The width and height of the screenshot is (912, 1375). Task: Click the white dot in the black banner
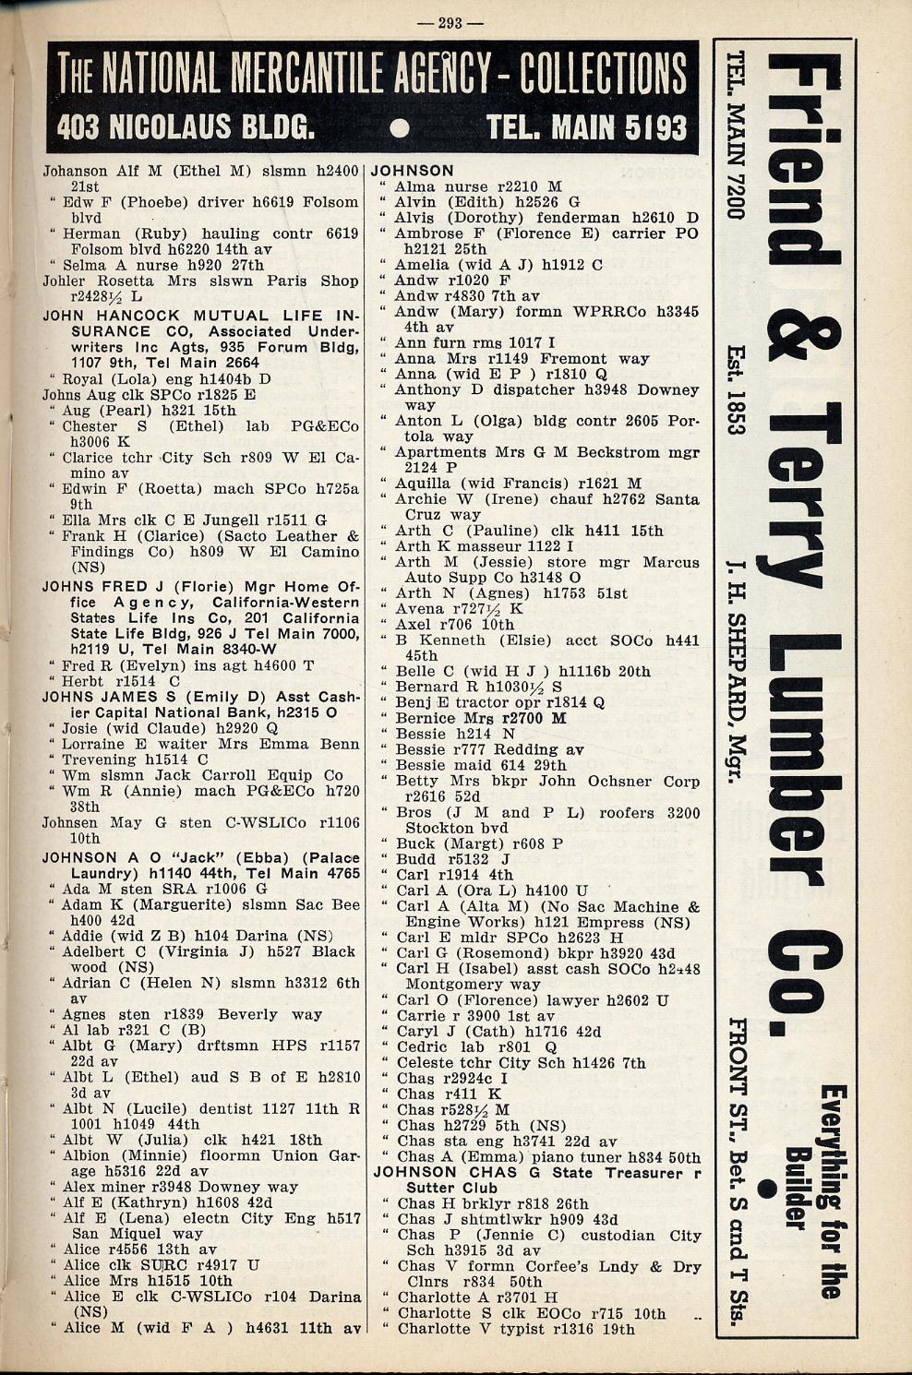(399, 128)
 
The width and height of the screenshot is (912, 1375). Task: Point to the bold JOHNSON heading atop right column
(413, 171)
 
